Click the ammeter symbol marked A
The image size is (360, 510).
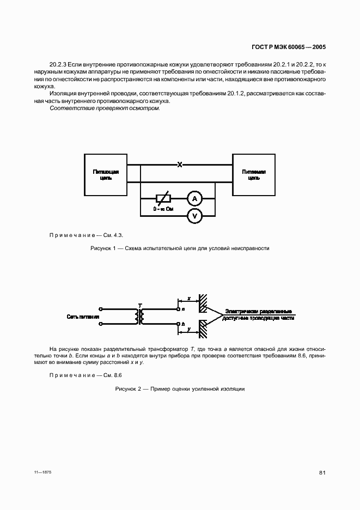coord(194,199)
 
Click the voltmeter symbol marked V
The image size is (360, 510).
coord(194,216)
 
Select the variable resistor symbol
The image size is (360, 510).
coord(163,199)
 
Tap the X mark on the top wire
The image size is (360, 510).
coord(179,164)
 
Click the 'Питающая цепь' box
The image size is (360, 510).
coord(105,174)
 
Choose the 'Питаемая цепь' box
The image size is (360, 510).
coord(254,174)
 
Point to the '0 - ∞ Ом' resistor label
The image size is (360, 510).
coord(163,209)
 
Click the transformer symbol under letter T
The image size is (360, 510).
coord(141,317)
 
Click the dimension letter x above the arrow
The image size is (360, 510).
coord(188,299)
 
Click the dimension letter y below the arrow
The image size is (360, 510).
coord(188,330)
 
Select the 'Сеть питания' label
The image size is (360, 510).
coord(83,317)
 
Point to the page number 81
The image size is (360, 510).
coord(322,472)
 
